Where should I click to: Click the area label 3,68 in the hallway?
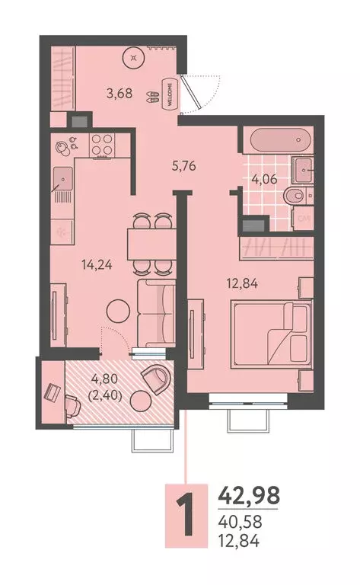point(118,94)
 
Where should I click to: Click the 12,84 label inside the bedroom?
point(243,285)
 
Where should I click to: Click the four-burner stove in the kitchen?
point(103,144)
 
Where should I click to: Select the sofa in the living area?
point(155,312)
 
